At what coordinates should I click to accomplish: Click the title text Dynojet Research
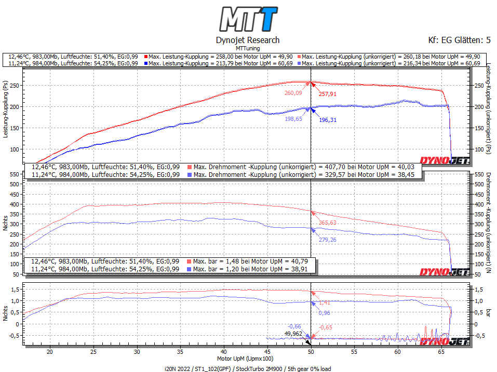click(x=247, y=40)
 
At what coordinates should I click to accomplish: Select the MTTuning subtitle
click(x=247, y=48)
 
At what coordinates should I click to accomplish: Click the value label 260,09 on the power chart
click(x=293, y=93)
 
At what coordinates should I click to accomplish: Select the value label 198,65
click(x=293, y=119)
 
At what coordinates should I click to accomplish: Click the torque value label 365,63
click(x=328, y=223)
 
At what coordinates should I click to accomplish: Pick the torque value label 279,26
click(x=328, y=240)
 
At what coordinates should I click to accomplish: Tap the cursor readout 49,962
click(x=293, y=334)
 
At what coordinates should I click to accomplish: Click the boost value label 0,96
click(x=324, y=313)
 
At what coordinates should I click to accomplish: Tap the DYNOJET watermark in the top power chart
click(x=444, y=161)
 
